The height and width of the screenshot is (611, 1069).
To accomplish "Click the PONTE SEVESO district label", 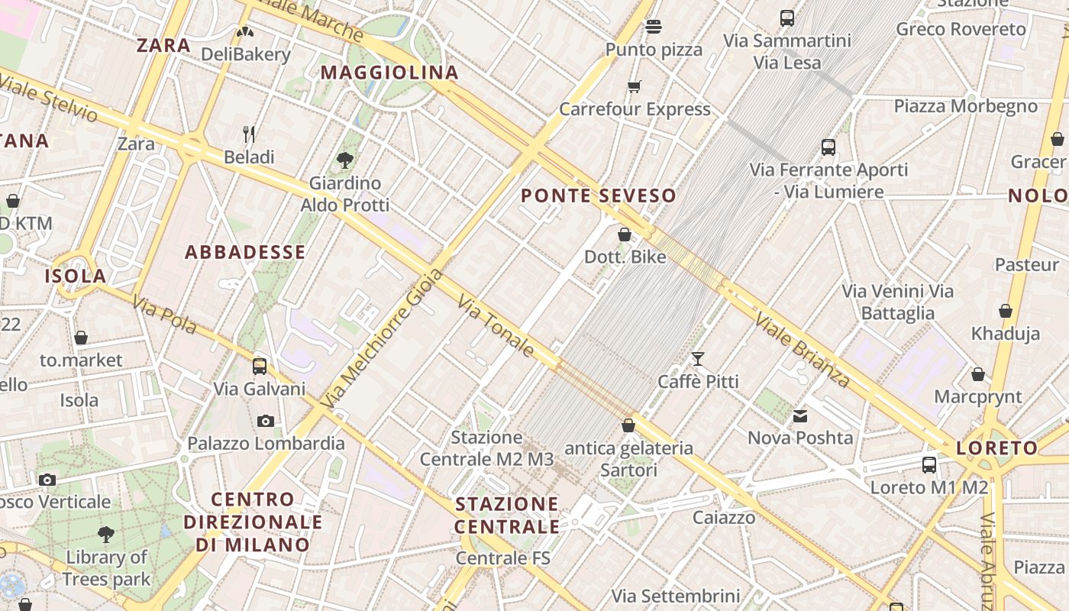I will [x=599, y=196].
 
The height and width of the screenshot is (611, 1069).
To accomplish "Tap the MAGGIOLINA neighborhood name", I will [x=389, y=73].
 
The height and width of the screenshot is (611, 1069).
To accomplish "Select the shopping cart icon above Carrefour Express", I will [x=635, y=86].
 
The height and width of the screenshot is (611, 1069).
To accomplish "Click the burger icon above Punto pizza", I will [x=653, y=27].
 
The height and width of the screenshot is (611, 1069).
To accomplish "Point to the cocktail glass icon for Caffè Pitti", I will [x=698, y=358].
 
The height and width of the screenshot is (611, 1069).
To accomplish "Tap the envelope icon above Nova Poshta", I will [x=800, y=416].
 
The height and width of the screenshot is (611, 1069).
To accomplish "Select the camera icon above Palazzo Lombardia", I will [x=266, y=421].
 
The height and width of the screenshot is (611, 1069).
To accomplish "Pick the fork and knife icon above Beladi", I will [x=249, y=134].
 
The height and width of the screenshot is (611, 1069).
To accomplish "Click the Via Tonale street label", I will [x=496, y=326].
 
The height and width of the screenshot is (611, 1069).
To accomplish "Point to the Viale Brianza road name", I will [x=803, y=349].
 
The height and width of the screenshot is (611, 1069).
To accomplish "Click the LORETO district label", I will [x=997, y=448].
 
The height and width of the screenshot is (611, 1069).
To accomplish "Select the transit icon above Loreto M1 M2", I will [x=929, y=464].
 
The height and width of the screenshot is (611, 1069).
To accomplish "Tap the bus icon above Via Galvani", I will [x=260, y=366].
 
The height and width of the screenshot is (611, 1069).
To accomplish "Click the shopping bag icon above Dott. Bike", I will [x=625, y=234].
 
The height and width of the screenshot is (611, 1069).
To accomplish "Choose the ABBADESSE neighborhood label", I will [x=245, y=252].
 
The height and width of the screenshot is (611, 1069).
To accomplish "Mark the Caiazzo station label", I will [x=724, y=517].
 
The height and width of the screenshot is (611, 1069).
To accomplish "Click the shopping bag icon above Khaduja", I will [x=1006, y=311].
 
